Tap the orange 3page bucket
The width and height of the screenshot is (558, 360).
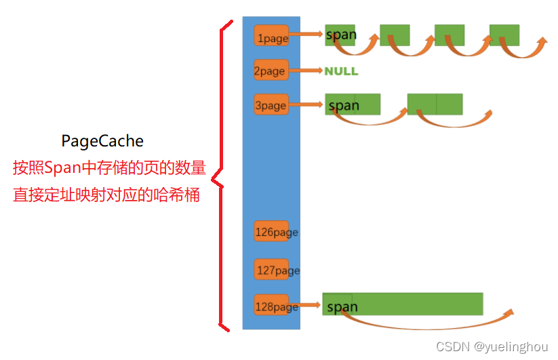[x=271, y=105]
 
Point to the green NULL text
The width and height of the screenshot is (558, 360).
[x=341, y=71]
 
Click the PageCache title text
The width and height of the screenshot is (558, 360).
[x=102, y=141]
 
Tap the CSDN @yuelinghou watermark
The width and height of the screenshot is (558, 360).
[x=492, y=346]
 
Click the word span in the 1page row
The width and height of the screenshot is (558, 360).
[x=340, y=35]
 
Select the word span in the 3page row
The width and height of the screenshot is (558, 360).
[x=344, y=105]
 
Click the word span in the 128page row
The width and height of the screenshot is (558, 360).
[x=342, y=307]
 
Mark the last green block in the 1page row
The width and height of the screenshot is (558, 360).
[x=504, y=35]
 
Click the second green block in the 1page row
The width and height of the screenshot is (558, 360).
[x=395, y=35]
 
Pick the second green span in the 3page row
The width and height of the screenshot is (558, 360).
[x=435, y=104]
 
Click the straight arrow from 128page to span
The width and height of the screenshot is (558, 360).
[x=306, y=306]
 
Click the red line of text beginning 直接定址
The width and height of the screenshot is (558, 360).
[x=106, y=195]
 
